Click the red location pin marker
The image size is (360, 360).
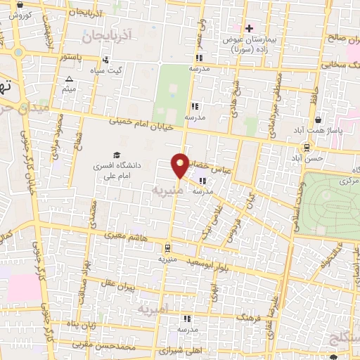click(181, 165)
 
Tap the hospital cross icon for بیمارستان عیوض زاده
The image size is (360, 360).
click(247, 28)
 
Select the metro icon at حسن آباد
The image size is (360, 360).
click(307, 146)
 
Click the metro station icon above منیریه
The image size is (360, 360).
click(167, 247)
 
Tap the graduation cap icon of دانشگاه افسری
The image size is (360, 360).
click(116, 155)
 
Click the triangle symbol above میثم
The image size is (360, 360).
click(69, 79)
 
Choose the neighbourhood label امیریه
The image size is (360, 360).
click(152, 309)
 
